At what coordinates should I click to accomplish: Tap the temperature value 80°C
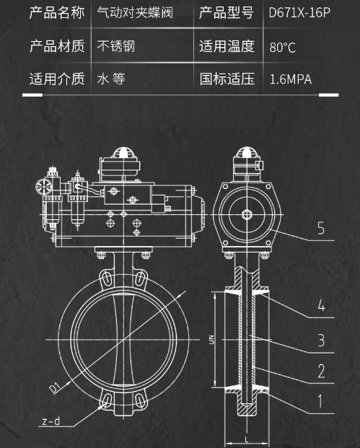[x=282, y=48]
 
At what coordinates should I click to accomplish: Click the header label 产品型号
[x=227, y=13]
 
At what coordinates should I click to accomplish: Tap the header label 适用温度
[x=227, y=47]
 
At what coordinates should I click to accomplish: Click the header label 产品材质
[x=56, y=47]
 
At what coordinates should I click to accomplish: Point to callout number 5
[x=321, y=229]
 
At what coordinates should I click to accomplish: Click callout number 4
[x=321, y=306]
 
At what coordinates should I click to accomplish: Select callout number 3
[x=321, y=339]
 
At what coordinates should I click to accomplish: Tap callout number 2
[x=321, y=372]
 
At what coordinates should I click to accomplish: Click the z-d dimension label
[x=51, y=421]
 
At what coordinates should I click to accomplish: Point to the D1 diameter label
[x=55, y=389]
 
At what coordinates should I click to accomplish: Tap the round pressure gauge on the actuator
[x=40, y=186]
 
